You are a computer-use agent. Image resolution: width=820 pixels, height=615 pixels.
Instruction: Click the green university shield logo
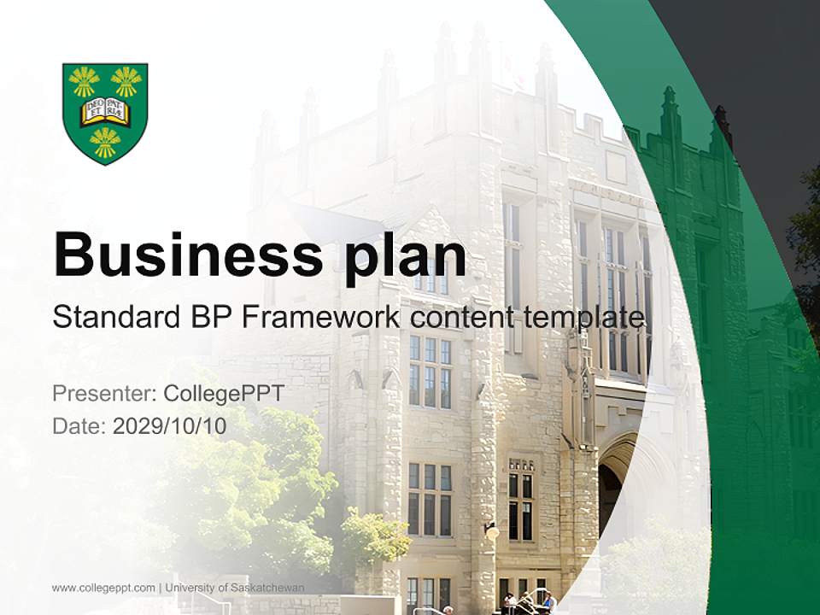[105, 113]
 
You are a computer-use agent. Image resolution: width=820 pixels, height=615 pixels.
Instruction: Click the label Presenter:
[103, 394]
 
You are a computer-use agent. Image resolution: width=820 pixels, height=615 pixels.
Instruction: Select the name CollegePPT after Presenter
[223, 394]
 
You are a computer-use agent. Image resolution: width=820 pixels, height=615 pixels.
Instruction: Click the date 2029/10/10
[170, 426]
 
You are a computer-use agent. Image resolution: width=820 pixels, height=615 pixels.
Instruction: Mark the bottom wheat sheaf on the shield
[105, 142]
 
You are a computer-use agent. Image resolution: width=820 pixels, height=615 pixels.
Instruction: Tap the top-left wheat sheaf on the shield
[85, 82]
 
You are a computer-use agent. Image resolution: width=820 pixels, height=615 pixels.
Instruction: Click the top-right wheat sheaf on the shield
[126, 82]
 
